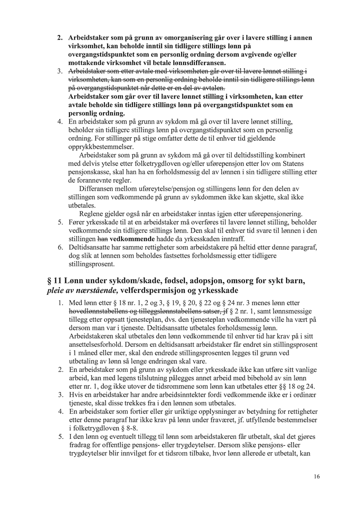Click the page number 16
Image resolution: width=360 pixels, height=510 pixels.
317,476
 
